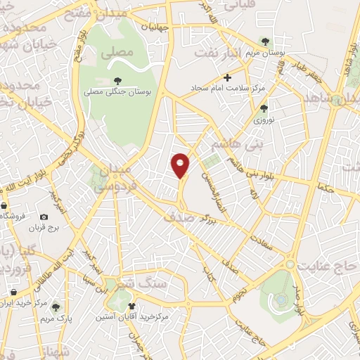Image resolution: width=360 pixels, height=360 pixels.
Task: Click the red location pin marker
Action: pos(181,165)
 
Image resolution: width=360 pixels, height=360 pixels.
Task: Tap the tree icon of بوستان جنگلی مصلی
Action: pos(117,82)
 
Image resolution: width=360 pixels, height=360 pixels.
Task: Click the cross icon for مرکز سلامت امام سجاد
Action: pos(226,77)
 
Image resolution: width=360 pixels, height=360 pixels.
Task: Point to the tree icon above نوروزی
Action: pos(264,108)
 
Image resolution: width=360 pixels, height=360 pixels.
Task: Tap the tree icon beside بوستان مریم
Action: pos(265,41)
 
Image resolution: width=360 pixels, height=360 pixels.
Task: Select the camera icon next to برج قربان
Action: pos(44,217)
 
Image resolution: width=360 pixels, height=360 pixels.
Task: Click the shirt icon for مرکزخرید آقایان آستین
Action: pos(131,306)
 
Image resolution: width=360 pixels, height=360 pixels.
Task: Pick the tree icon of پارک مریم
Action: pos(56,307)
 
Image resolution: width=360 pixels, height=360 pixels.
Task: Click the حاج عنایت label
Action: pos(330,266)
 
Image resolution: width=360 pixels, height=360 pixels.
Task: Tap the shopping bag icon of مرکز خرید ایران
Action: pos(14,291)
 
